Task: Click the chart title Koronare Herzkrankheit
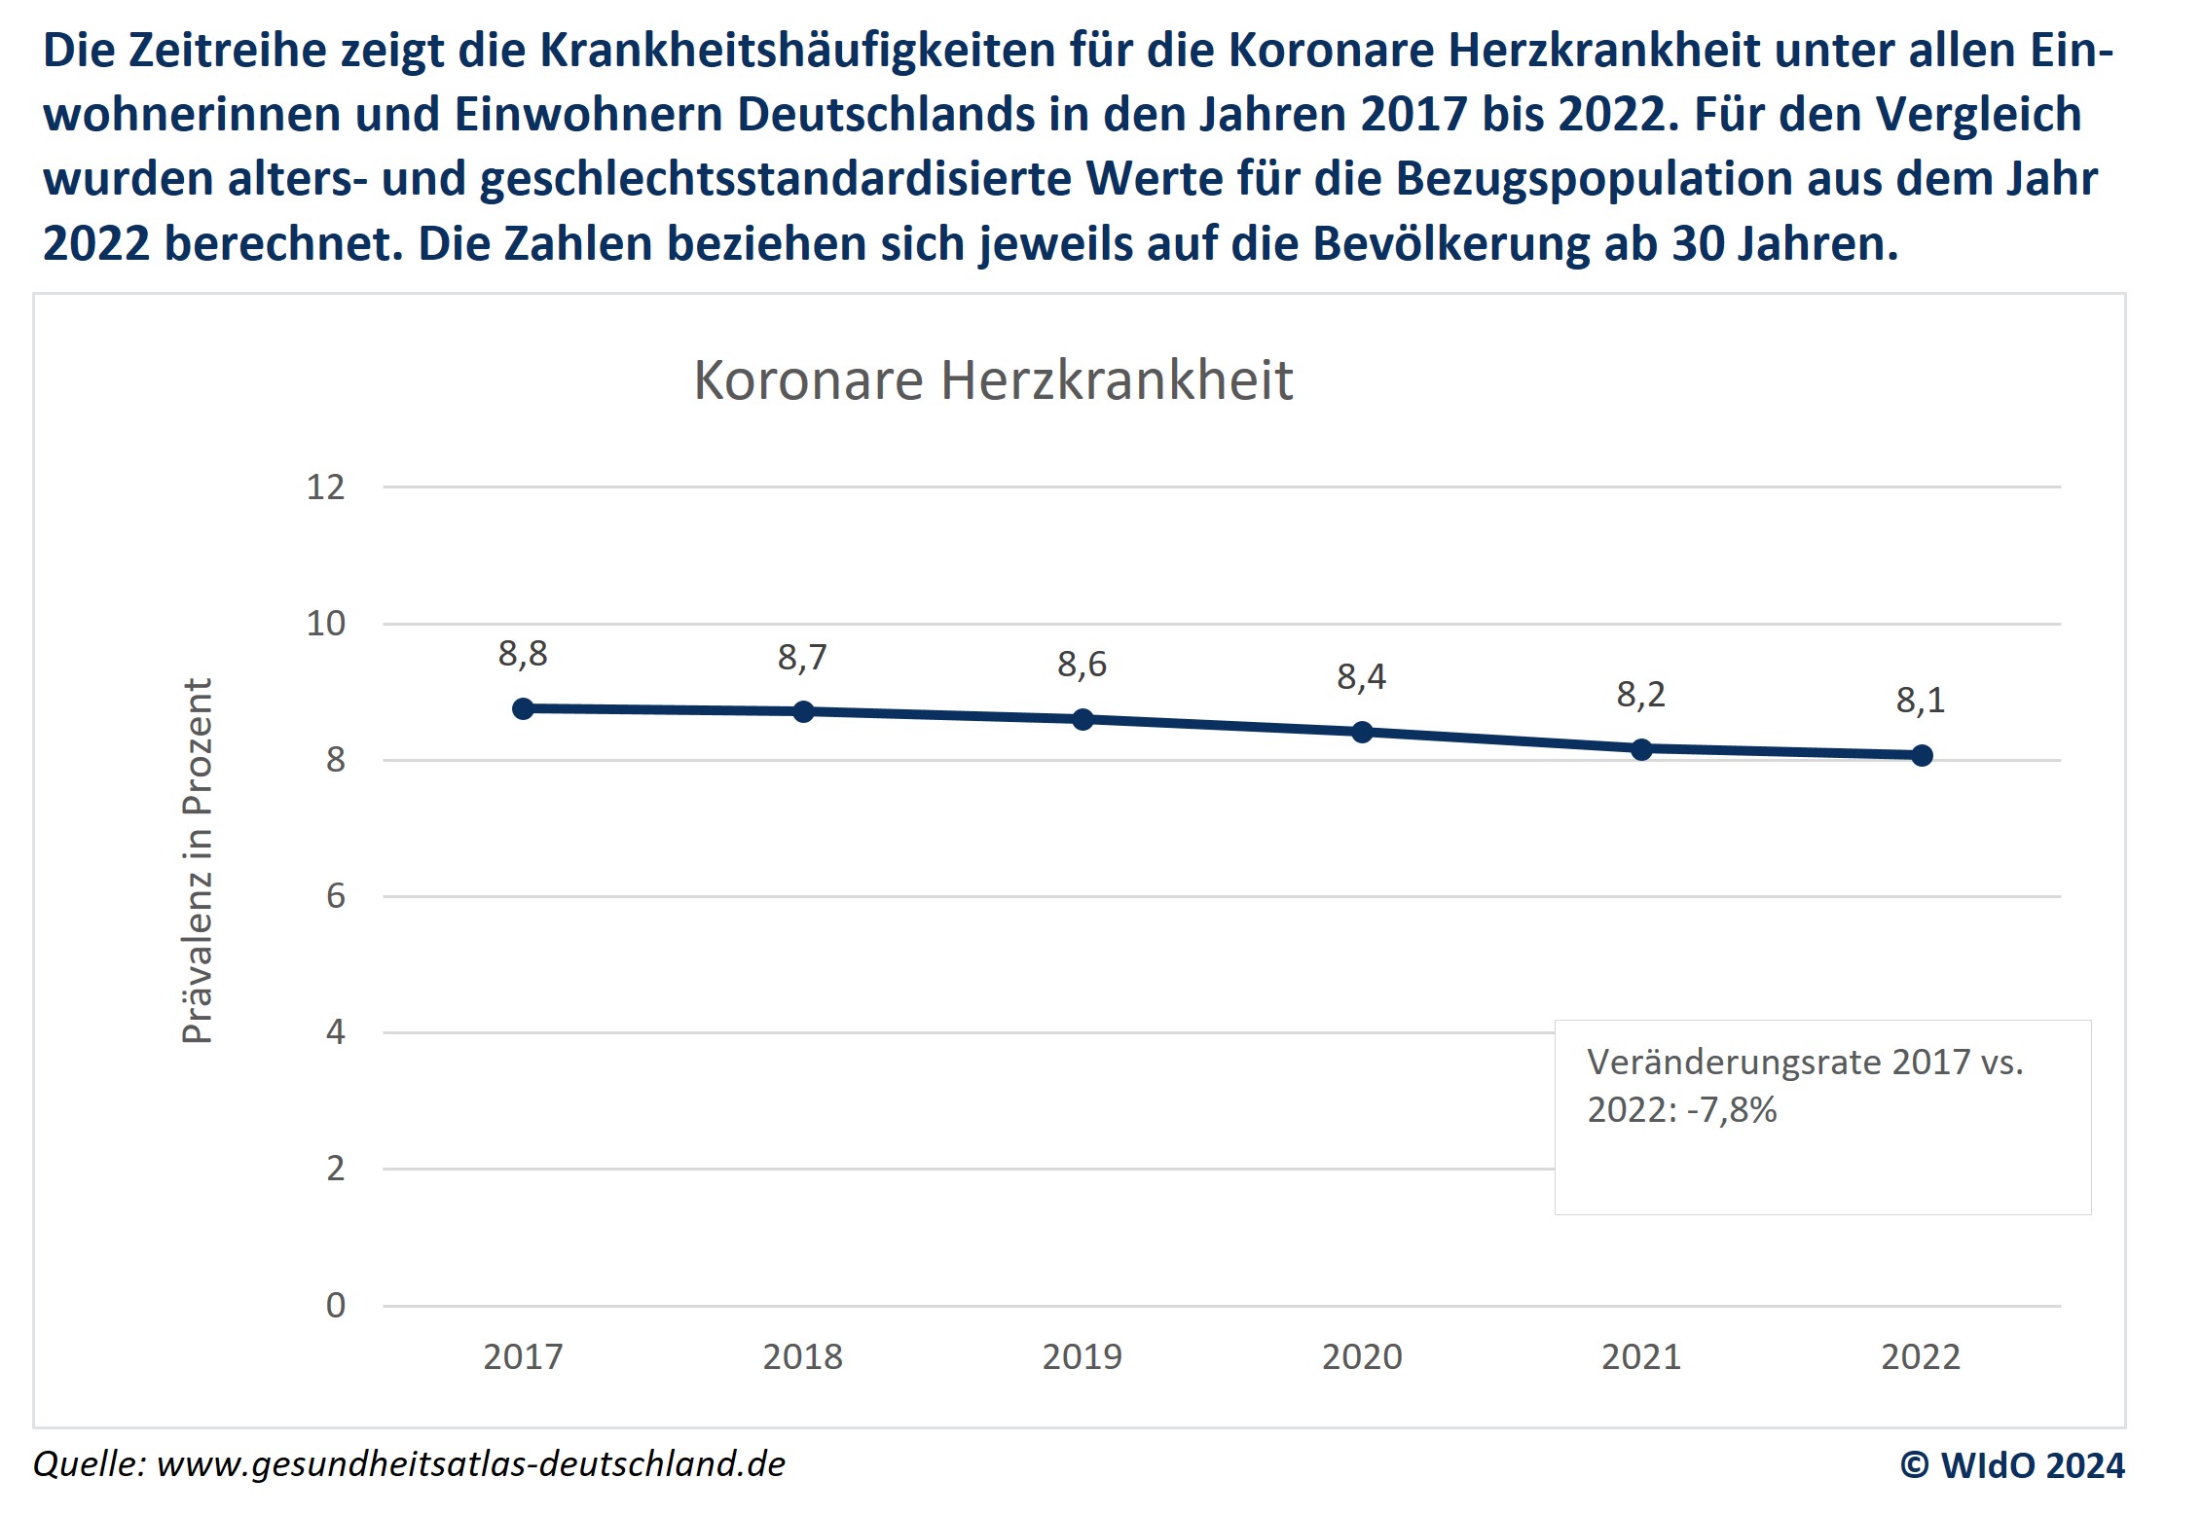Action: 993,379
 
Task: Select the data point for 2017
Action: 524,708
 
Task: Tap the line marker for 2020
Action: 1362,732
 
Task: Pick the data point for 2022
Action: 1922,755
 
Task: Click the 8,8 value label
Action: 523,654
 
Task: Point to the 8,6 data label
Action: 1082,665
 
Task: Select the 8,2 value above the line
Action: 1640,695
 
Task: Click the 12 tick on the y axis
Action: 326,487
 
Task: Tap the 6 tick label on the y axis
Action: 336,896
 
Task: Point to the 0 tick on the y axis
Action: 336,1305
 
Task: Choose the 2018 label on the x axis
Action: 802,1356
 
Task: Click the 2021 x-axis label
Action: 1641,1356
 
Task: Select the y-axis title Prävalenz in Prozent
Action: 198,861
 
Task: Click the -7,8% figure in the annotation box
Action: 1732,1110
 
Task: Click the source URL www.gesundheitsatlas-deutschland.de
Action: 470,1464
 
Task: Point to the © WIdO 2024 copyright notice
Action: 2012,1465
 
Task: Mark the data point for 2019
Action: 1083,720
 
